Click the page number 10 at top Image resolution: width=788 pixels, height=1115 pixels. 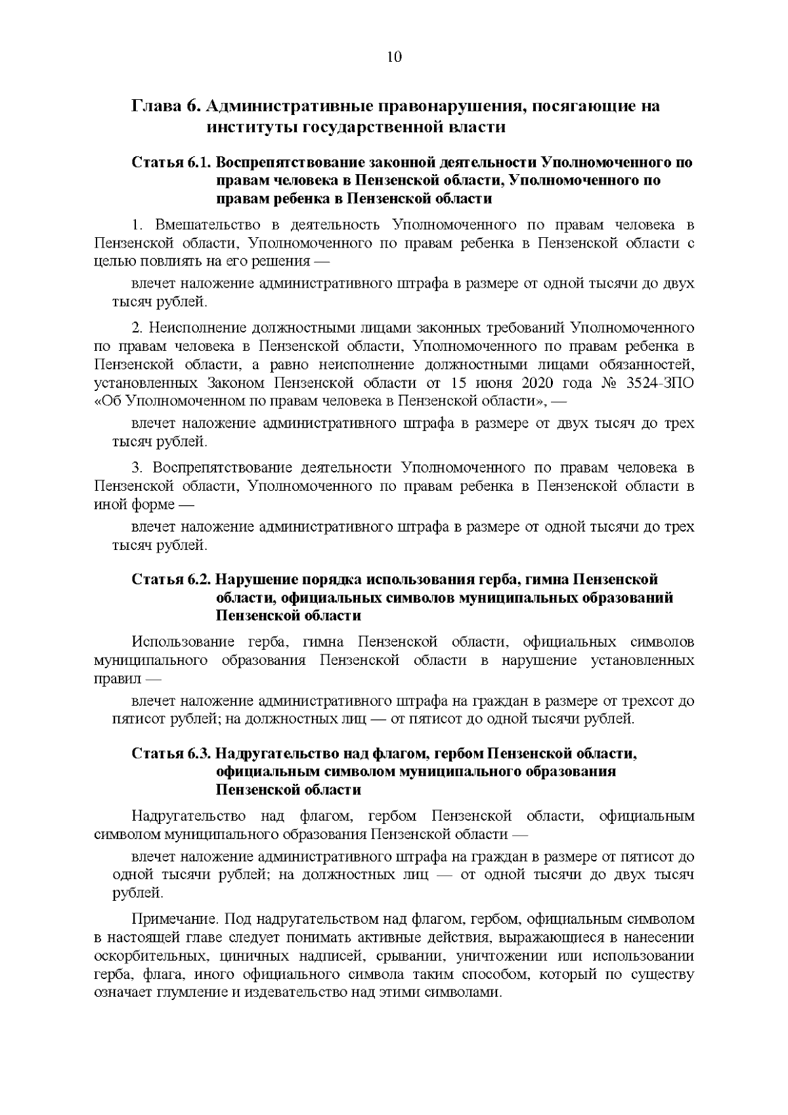click(394, 57)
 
